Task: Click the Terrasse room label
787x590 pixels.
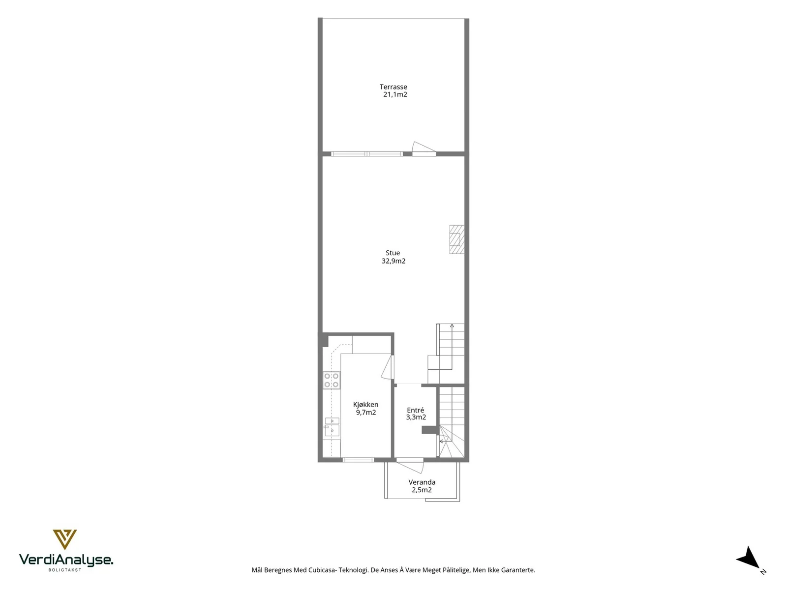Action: point(393,87)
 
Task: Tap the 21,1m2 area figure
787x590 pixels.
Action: point(395,94)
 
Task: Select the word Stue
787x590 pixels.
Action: point(393,253)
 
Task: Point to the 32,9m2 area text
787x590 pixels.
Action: point(393,261)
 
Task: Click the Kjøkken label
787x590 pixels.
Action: point(366,405)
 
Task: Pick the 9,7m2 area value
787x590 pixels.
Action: point(366,413)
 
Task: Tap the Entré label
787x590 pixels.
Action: point(416,410)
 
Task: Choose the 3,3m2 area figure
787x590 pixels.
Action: point(416,417)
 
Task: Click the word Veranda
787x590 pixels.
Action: point(422,482)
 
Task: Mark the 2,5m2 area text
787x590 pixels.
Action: point(422,490)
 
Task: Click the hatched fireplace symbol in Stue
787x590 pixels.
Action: point(457,239)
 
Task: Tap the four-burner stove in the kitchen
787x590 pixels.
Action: point(332,381)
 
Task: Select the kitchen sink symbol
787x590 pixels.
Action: point(332,426)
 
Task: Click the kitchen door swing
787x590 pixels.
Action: point(387,366)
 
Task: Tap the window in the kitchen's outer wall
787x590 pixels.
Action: point(358,460)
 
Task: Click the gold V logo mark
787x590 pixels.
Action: point(65,539)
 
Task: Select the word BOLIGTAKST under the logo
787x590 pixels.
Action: point(65,570)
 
